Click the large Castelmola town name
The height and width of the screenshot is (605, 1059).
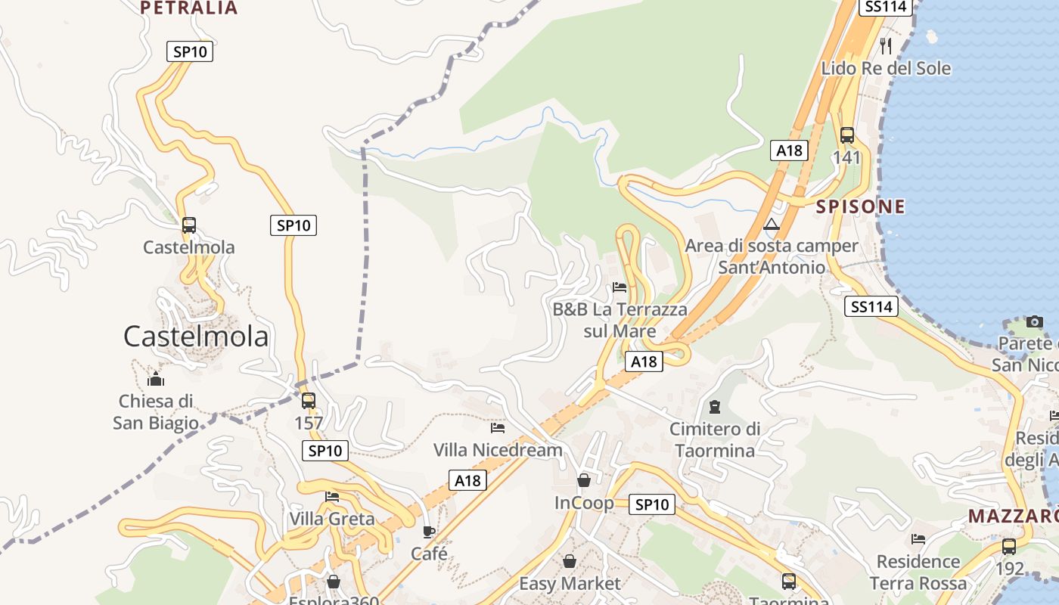(x=196, y=337)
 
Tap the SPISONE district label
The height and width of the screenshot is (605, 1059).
(x=860, y=206)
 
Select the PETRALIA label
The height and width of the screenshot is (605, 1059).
(x=189, y=8)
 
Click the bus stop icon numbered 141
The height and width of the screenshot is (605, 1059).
(x=847, y=135)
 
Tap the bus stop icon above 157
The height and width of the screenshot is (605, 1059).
(x=309, y=401)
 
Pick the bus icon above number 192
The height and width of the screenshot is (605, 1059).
(x=1009, y=546)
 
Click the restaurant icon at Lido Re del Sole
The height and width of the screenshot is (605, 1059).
(x=886, y=46)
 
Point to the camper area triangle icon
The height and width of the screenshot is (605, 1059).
(x=771, y=224)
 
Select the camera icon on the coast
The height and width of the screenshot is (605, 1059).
(x=1034, y=321)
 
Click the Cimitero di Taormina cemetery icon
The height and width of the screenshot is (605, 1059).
(x=714, y=407)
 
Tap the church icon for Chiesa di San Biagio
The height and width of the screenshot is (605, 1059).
(x=156, y=379)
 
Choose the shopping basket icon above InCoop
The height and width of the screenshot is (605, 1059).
(x=584, y=480)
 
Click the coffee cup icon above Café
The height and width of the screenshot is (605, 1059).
(x=429, y=532)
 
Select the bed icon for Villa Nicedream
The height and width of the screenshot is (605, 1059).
(x=498, y=428)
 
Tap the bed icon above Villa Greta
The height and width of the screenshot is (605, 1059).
(x=332, y=497)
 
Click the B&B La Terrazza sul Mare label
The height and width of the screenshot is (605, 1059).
(x=620, y=320)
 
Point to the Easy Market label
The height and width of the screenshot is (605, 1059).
(x=570, y=583)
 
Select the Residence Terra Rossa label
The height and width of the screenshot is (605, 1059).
(x=918, y=572)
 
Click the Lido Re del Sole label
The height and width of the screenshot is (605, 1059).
(x=886, y=68)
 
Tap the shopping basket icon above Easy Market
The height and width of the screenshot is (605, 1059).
(x=570, y=561)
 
